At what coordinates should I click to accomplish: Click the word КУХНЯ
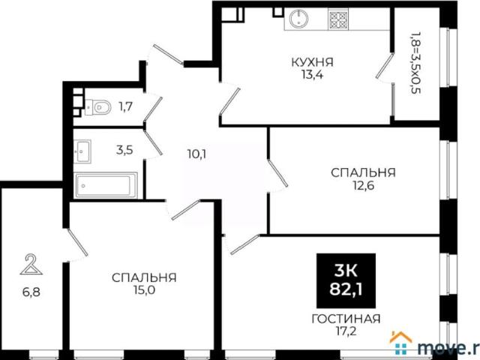click(313, 62)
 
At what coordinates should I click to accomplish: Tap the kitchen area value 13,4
click(313, 75)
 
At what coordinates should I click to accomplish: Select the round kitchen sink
click(301, 19)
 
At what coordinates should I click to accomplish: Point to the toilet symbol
click(97, 107)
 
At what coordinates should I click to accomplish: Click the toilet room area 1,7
click(127, 107)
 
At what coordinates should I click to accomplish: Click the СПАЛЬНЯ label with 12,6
click(363, 172)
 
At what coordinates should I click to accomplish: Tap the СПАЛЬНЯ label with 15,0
click(144, 277)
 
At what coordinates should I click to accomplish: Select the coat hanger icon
click(31, 264)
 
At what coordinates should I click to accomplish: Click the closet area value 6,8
click(31, 286)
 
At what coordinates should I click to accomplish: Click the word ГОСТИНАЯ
click(346, 317)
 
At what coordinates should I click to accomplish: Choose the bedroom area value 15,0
click(144, 290)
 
